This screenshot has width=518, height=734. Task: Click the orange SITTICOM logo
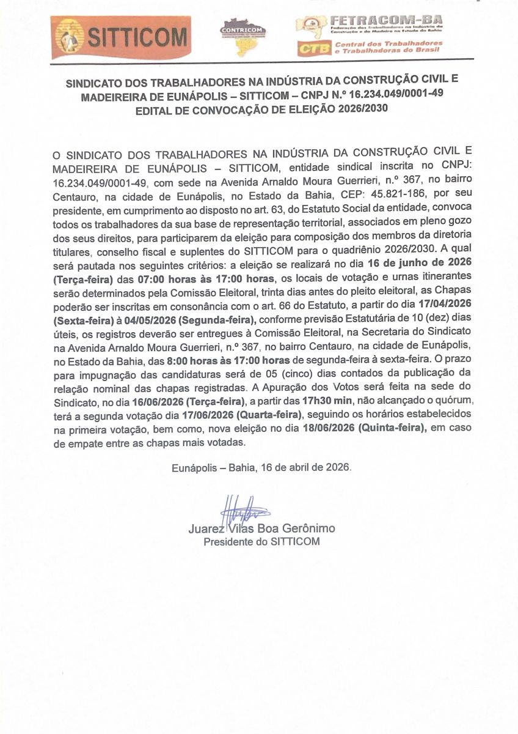click(x=120, y=37)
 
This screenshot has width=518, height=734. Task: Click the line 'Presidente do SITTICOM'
click(x=261, y=542)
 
